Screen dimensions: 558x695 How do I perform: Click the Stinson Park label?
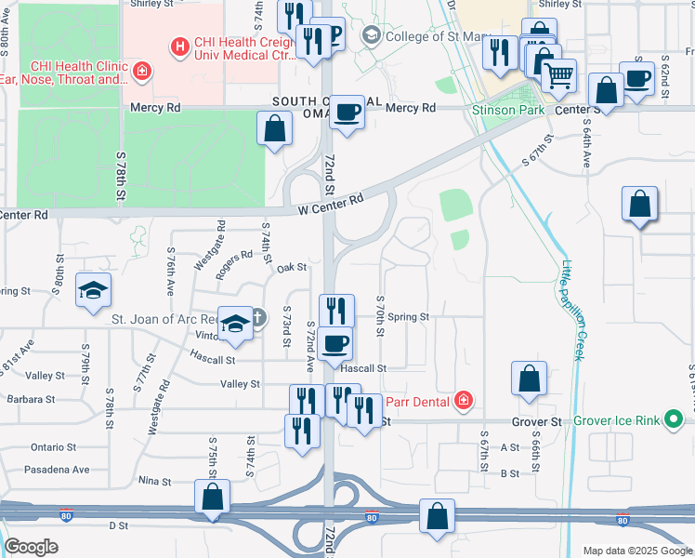(508, 110)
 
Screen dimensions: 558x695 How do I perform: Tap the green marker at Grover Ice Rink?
(675, 420)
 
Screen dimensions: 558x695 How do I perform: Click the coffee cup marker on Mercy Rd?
(347, 113)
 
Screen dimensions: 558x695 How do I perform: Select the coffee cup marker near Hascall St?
(334, 342)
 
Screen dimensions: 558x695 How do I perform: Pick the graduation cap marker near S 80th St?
(93, 290)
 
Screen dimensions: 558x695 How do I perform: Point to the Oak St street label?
(292, 268)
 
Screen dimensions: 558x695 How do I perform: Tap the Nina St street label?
(154, 482)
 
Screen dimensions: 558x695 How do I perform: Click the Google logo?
(32, 547)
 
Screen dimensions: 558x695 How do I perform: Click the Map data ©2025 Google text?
(636, 551)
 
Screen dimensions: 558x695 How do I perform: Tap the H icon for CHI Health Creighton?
(178, 45)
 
